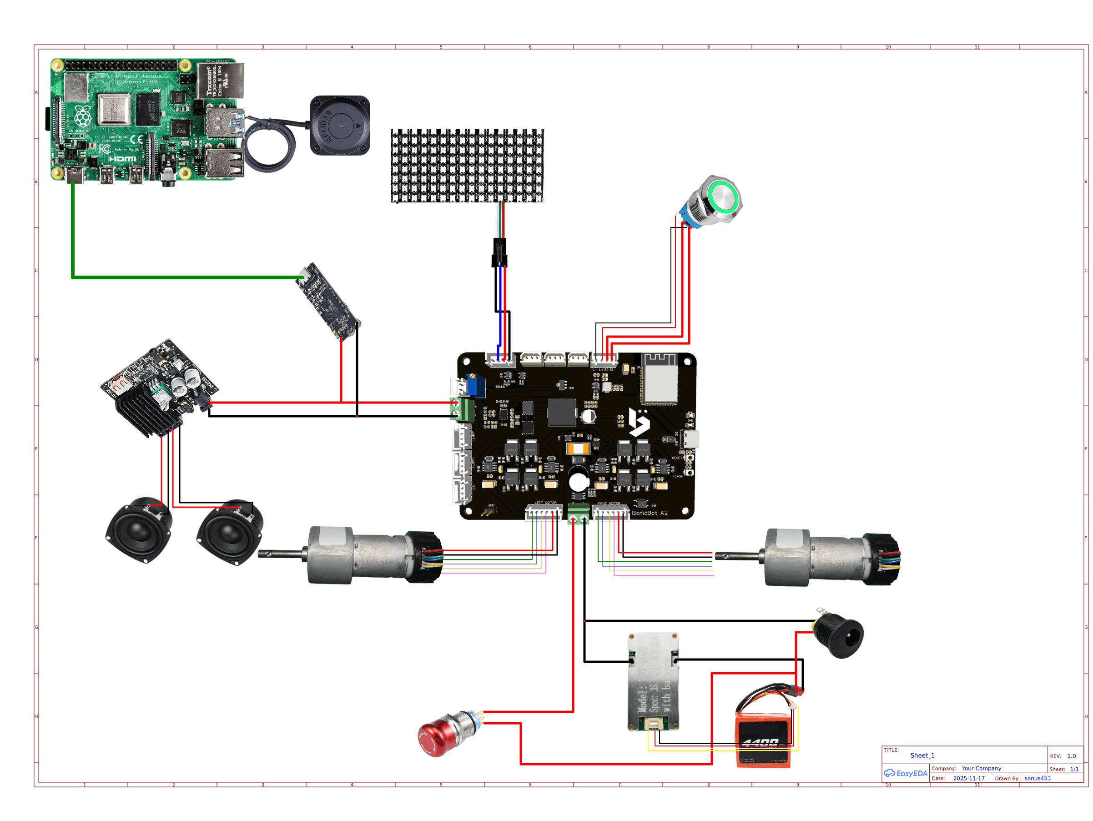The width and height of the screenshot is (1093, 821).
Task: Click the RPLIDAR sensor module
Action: (340, 126)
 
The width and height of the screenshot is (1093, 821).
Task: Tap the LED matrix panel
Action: (467, 166)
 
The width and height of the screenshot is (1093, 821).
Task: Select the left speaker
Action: (139, 530)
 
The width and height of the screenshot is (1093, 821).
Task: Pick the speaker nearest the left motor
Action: (230, 533)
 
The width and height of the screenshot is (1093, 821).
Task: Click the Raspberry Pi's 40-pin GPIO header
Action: (121, 65)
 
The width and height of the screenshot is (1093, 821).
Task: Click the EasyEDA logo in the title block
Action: (905, 773)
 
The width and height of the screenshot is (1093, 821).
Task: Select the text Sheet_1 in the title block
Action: (922, 756)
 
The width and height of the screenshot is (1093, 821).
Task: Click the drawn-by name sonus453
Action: (1037, 778)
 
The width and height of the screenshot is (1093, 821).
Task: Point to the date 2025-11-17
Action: (968, 778)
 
